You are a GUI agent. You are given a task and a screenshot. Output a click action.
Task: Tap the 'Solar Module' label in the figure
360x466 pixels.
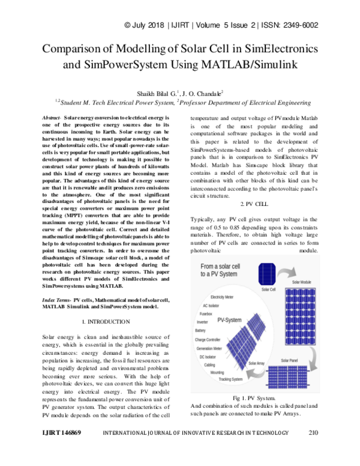point(302,281)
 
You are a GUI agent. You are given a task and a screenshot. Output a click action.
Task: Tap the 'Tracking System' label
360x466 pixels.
point(230,379)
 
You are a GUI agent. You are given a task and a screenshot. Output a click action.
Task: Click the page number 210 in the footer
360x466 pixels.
point(312,449)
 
